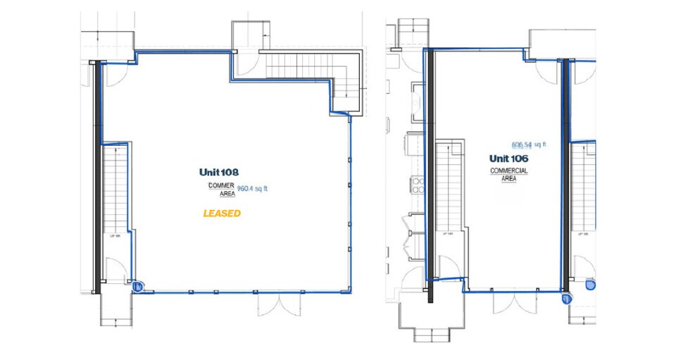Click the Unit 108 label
[219, 172]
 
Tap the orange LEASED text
[222, 213]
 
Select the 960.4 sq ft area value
[253, 188]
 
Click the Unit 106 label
[509, 159]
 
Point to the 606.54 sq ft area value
[529, 145]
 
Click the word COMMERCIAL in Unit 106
[509, 171]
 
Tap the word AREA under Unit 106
[509, 179]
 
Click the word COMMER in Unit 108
[217, 185]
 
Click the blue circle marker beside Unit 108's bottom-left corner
[138, 286]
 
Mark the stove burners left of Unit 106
[417, 185]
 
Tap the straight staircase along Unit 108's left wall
[115, 190]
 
